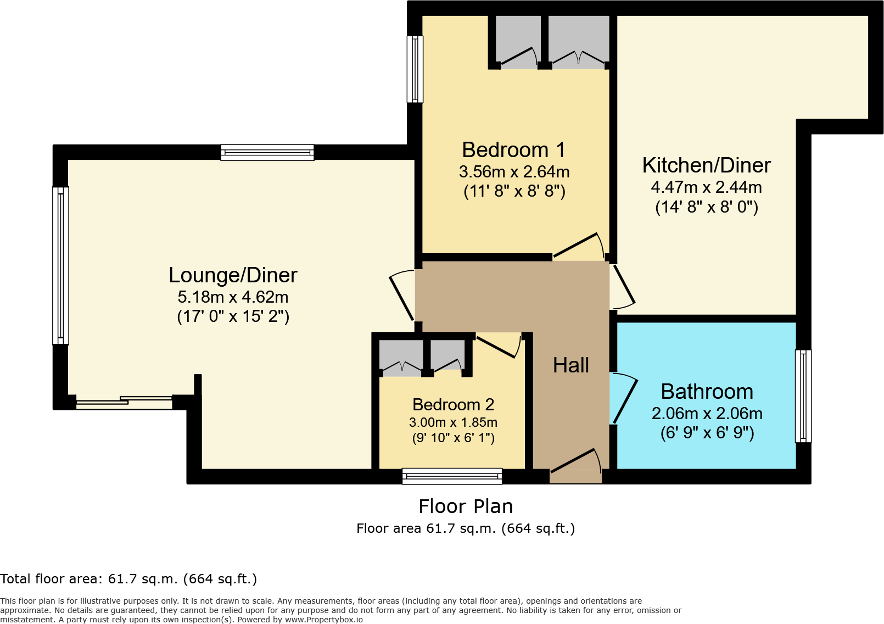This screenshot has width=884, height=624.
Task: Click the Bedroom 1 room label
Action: coord(513,150)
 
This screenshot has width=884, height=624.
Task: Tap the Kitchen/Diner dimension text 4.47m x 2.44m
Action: coord(706,187)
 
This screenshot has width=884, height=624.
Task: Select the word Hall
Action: coord(570,365)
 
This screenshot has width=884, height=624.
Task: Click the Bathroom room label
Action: coord(707,392)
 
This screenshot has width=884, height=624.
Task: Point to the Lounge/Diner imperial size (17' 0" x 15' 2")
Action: coord(233,316)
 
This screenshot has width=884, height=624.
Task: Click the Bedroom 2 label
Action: coord(453,405)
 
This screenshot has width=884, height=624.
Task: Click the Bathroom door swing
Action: coord(625,398)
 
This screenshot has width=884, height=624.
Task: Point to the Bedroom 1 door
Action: coord(578,246)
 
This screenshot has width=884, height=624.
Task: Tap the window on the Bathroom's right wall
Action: coord(803,396)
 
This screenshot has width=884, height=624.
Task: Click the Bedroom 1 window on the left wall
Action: coord(415,69)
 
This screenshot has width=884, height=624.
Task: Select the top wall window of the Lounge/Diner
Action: coord(267,152)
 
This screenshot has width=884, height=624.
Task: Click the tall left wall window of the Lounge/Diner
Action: coord(60,266)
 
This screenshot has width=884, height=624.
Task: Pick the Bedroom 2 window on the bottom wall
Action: coord(452,476)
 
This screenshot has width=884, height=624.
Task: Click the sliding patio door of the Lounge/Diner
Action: coord(125,402)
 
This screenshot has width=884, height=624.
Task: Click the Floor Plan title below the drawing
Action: coord(466,506)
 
